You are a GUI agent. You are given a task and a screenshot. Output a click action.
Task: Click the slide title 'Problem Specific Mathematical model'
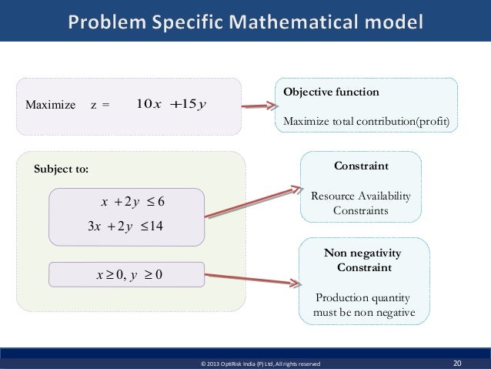pyautogui.click(x=245, y=21)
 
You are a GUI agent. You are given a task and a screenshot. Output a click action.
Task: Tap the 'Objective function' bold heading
pyautogui.click(x=331, y=92)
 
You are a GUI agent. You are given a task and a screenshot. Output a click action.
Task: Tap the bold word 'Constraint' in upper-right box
pyautogui.click(x=360, y=166)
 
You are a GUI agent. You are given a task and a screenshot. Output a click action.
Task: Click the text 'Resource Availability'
pyautogui.click(x=360, y=196)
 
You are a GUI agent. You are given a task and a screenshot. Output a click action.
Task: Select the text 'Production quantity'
pyautogui.click(x=361, y=298)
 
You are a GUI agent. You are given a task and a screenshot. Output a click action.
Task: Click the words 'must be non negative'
pyautogui.click(x=364, y=313)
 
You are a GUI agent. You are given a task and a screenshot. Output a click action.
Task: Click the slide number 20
pyautogui.click(x=459, y=361)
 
